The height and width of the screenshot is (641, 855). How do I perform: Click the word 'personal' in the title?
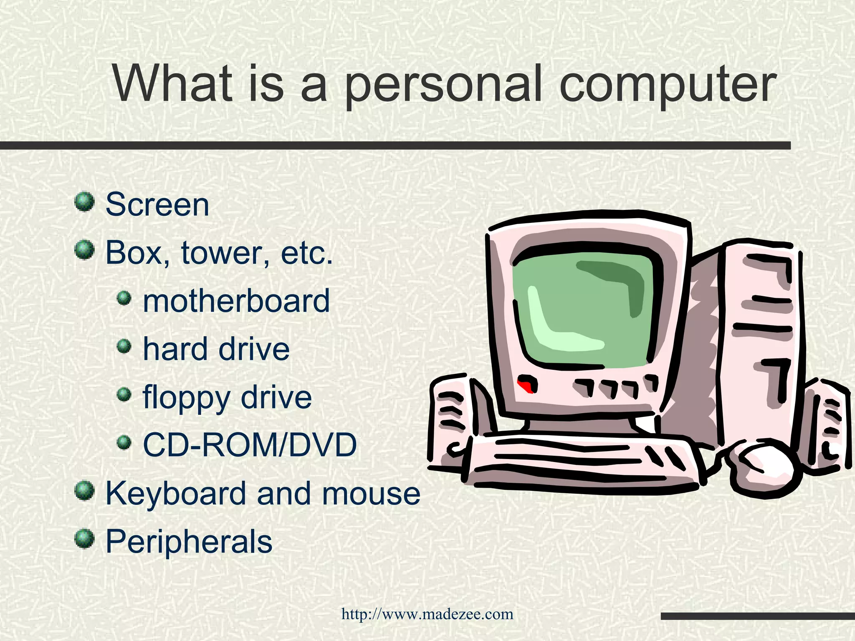click(443, 84)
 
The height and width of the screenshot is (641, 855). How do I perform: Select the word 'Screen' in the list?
click(157, 204)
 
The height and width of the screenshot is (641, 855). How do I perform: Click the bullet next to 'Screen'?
click(84, 202)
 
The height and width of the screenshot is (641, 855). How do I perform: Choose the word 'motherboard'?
click(236, 301)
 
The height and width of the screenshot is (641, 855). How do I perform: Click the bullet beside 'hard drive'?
click(124, 346)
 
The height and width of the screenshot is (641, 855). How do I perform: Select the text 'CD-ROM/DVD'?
click(250, 445)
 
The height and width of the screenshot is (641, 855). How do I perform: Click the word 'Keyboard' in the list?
click(175, 493)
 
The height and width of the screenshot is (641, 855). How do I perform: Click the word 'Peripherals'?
click(189, 541)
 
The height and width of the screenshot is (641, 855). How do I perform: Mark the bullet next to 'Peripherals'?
click(84, 538)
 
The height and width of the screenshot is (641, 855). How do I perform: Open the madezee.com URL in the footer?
click(427, 614)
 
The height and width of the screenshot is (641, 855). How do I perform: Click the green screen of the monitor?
click(584, 309)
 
